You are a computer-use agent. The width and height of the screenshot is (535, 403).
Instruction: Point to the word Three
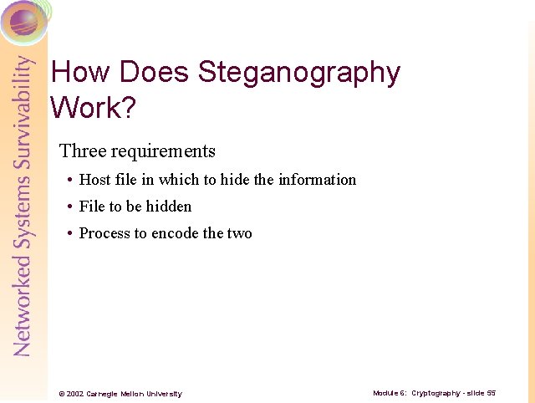point(82,151)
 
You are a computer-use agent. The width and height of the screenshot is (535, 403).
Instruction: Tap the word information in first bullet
point(317,180)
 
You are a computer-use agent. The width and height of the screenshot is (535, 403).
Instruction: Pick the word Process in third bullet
point(102,233)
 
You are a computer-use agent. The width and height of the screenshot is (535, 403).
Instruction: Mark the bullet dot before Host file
point(69,181)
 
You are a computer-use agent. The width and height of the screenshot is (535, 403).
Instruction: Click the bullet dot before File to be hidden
point(69,207)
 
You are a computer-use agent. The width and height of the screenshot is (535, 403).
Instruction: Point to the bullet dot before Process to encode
point(69,234)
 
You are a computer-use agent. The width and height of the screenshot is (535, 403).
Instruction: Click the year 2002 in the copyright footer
point(75,394)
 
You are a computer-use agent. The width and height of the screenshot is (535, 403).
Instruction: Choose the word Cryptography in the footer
point(436,393)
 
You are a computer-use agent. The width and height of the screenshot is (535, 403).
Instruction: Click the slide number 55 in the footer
point(492,393)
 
